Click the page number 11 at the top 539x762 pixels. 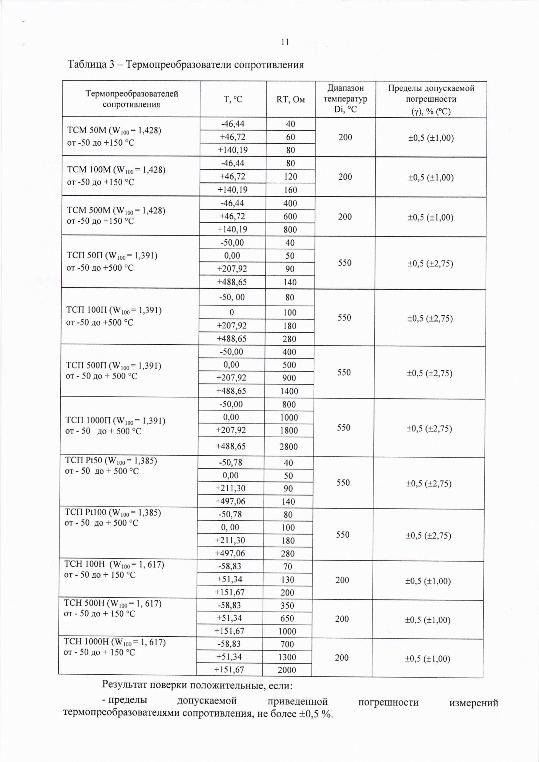point(285,42)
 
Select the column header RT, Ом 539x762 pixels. point(290,99)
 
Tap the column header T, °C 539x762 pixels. point(233,99)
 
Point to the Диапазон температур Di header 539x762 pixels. point(345,99)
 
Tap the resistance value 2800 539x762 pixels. point(288,446)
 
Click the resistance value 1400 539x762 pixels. point(289,391)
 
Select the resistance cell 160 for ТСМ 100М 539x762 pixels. point(290,190)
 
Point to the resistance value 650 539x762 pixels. point(287,618)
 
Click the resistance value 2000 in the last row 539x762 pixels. point(287,670)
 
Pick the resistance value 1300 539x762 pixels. point(287,657)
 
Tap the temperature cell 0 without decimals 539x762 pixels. point(232,312)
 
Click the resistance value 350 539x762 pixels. point(287,605)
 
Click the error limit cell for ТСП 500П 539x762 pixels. point(430,373)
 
